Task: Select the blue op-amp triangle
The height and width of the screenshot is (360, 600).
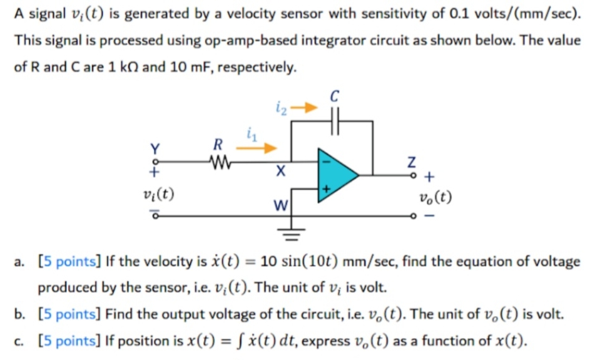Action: [336, 176]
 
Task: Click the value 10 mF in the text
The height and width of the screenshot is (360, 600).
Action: [186, 66]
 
